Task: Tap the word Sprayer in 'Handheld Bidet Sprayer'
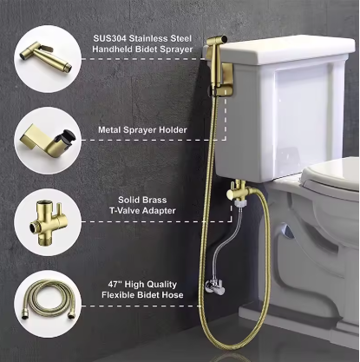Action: click(x=176, y=49)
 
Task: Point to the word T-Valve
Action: click(x=125, y=210)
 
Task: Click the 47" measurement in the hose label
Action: click(x=115, y=284)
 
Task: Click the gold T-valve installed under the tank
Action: click(x=236, y=192)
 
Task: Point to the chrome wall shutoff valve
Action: click(x=214, y=287)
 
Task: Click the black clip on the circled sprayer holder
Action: click(x=67, y=135)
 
